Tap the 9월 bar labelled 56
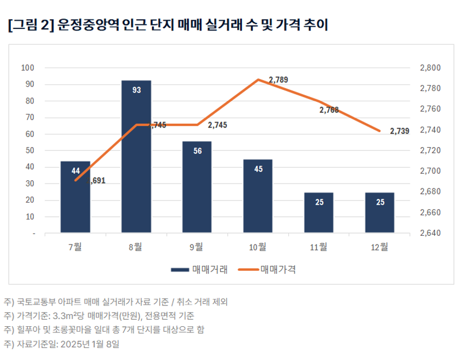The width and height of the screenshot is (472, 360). click(198, 187)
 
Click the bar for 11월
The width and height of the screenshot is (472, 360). click(319, 213)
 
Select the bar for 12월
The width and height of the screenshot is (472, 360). click(380, 213)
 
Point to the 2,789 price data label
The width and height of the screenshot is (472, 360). click(278, 80)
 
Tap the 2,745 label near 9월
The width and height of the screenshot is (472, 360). click(217, 125)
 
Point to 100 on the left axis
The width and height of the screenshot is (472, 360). click(28, 68)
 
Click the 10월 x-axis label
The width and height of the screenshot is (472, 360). click(258, 247)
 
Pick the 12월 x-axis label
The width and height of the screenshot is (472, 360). click(380, 247)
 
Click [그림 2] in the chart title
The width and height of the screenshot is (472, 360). click(28, 26)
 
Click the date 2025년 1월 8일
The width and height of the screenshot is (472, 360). click(88, 344)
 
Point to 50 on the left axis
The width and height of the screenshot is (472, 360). click(29, 150)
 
